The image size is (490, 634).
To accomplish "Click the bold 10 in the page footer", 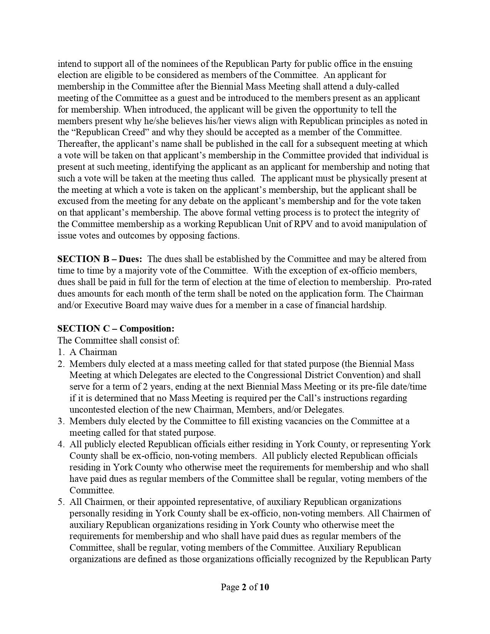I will pos(264,587).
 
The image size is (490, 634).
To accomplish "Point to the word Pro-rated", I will pos(414,282).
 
